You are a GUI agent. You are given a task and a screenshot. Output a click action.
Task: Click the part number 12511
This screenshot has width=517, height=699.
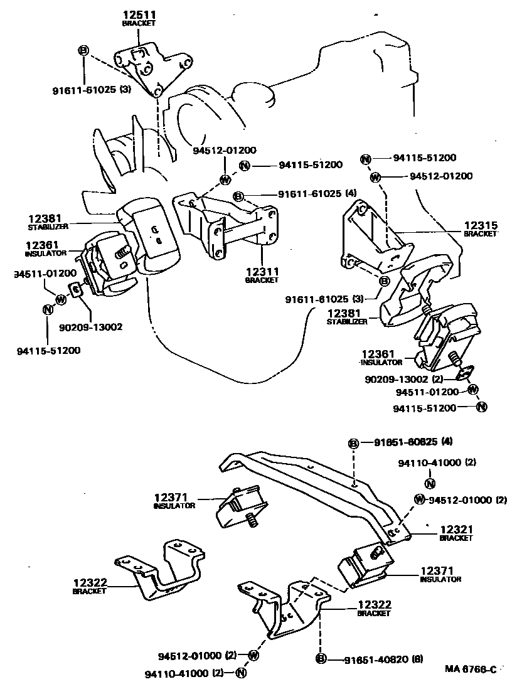pyautogui.click(x=137, y=14)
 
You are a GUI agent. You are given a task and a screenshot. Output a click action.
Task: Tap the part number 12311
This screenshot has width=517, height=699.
pyautogui.click(x=262, y=271)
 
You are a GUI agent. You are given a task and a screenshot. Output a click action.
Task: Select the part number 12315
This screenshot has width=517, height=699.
pyautogui.click(x=481, y=225)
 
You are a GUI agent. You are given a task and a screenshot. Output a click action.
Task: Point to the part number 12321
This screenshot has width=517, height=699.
pyautogui.click(x=456, y=530)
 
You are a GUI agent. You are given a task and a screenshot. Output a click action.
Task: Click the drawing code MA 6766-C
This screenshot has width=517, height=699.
pyautogui.click(x=471, y=670)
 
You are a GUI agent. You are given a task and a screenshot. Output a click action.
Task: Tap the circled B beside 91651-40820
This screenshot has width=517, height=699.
pyautogui.click(x=321, y=659)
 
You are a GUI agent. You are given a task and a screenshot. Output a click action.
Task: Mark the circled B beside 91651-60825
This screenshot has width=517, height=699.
pyautogui.click(x=354, y=444)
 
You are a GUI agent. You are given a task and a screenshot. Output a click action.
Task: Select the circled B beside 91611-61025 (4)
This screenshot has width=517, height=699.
pyautogui.click(x=238, y=196)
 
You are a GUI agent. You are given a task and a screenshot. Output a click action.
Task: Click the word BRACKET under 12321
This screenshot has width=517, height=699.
pyautogui.click(x=456, y=538)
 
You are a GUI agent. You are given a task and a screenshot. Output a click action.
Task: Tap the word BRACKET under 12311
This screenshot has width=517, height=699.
pyautogui.click(x=262, y=280)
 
